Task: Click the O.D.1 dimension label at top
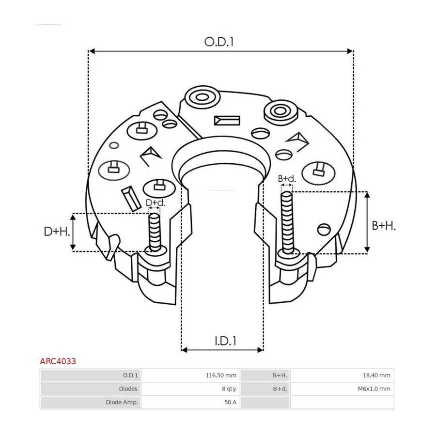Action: pyautogui.click(x=219, y=42)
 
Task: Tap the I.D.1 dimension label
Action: pyautogui.click(x=225, y=341)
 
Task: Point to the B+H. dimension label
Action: pyautogui.click(x=384, y=225)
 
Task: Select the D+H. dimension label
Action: pyautogui.click(x=57, y=232)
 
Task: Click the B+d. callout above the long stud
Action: pyautogui.click(x=287, y=179)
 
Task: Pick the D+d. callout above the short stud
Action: pyautogui.click(x=156, y=202)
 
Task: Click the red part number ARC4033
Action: pyautogui.click(x=58, y=361)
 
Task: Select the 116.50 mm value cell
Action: pyautogui.click(x=221, y=375)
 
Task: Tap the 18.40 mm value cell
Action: pyautogui.click(x=376, y=375)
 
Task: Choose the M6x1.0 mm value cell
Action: pyautogui.click(x=374, y=389)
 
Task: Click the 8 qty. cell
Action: pyautogui.click(x=230, y=389)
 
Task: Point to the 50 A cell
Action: pyautogui.click(x=231, y=402)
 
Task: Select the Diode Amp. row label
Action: pyautogui.click(x=122, y=402)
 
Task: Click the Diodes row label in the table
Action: pyautogui.click(x=128, y=389)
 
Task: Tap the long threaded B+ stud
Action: pyautogui.click(x=287, y=222)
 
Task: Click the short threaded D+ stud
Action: pyautogui.click(x=155, y=232)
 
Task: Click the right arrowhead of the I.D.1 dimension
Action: pyautogui.click(x=260, y=350)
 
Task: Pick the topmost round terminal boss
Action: pyautogui.click(x=202, y=97)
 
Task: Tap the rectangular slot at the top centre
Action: pyautogui.click(x=227, y=121)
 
